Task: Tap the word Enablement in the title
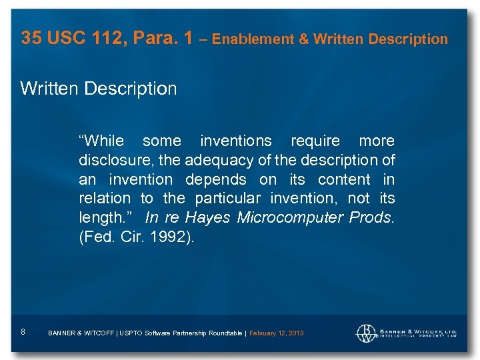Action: click(x=252, y=39)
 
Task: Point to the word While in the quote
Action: click(x=102, y=141)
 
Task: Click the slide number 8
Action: click(x=23, y=332)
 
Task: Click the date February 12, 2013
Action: click(x=276, y=333)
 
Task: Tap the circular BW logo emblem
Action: click(x=366, y=333)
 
